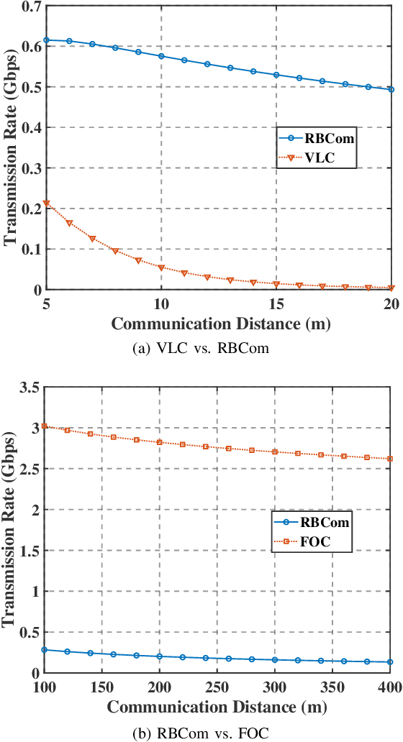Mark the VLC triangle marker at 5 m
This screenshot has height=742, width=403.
click(x=47, y=204)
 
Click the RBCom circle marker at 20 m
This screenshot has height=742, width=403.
click(x=391, y=90)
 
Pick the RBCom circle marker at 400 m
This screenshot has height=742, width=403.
click(x=391, y=662)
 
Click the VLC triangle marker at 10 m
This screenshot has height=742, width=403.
click(x=161, y=268)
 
